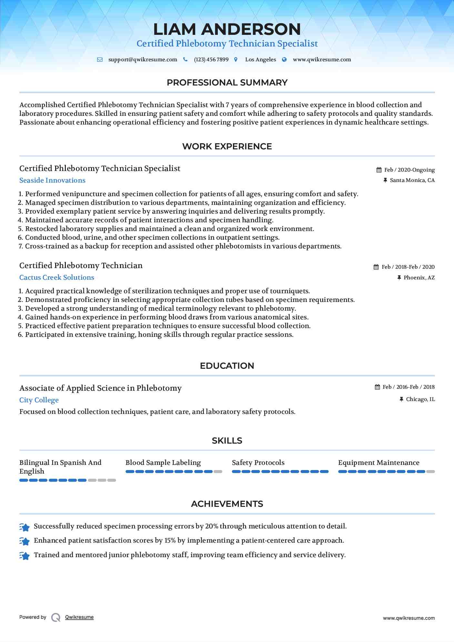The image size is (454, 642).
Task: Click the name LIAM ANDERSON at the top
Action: coord(227,29)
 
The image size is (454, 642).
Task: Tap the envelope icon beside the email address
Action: coord(100,60)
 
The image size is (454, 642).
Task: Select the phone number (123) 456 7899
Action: coord(211,60)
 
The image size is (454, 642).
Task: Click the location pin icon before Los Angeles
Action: coord(236,60)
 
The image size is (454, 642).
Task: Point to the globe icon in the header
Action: coord(284,60)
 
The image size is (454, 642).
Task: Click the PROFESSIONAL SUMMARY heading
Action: coord(227,83)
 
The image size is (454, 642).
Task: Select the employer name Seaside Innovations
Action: coord(52,180)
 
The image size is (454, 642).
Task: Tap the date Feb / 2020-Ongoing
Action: coord(409,170)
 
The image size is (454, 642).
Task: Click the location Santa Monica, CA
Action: coord(412,180)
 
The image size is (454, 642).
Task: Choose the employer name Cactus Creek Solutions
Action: coord(57,277)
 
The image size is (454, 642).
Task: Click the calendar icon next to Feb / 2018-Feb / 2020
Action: coord(376,267)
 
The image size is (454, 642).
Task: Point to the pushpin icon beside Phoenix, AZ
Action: coord(399,277)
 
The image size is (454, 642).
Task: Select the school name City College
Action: coord(39,400)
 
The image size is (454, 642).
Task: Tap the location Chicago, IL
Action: coord(420,399)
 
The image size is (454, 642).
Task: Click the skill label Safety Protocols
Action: coord(258,463)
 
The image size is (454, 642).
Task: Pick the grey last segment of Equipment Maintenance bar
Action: coord(430,472)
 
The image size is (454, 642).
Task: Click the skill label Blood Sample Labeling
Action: coord(163,463)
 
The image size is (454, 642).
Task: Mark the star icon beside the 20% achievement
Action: coord(25,527)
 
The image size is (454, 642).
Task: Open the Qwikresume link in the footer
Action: coord(79,617)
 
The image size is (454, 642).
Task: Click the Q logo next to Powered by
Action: coord(56,617)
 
